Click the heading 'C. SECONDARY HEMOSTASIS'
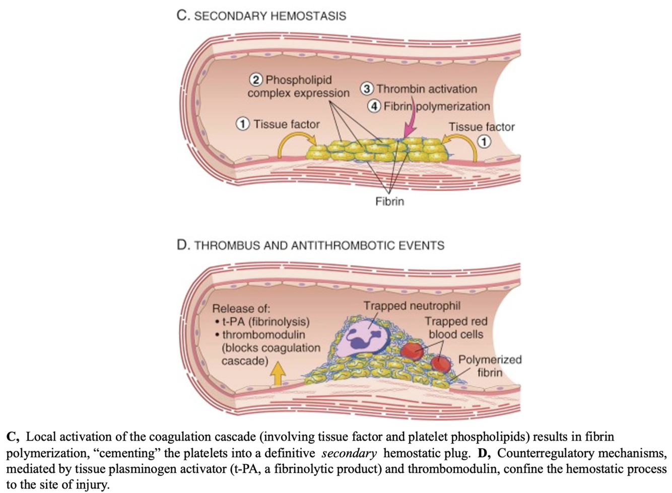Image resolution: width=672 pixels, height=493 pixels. pyautogui.click(x=261, y=16)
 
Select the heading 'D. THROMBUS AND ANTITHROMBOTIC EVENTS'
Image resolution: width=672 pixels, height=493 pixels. pyautogui.click(x=310, y=245)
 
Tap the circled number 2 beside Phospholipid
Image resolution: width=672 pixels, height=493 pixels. pyautogui.click(x=256, y=80)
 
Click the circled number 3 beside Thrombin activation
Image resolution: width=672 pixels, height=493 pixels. pyautogui.click(x=367, y=89)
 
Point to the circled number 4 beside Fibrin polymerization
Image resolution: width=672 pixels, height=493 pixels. pyautogui.click(x=374, y=106)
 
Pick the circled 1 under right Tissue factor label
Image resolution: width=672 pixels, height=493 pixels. pyautogui.click(x=484, y=142)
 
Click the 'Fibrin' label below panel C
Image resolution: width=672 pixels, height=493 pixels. pyautogui.click(x=389, y=201)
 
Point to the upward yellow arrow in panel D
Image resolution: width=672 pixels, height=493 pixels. pyautogui.click(x=277, y=375)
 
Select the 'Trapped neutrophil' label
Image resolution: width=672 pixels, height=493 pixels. pyautogui.click(x=412, y=306)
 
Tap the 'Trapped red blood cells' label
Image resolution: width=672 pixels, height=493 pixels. pyautogui.click(x=455, y=328)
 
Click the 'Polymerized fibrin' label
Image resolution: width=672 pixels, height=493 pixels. pyautogui.click(x=489, y=366)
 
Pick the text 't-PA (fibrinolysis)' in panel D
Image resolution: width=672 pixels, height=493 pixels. pyautogui.click(x=265, y=322)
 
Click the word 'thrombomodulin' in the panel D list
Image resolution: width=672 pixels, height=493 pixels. pyautogui.click(x=263, y=335)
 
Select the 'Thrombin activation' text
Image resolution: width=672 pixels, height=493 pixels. pyautogui.click(x=426, y=89)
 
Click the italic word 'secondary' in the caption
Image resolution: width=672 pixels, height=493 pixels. pyautogui.click(x=349, y=453)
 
